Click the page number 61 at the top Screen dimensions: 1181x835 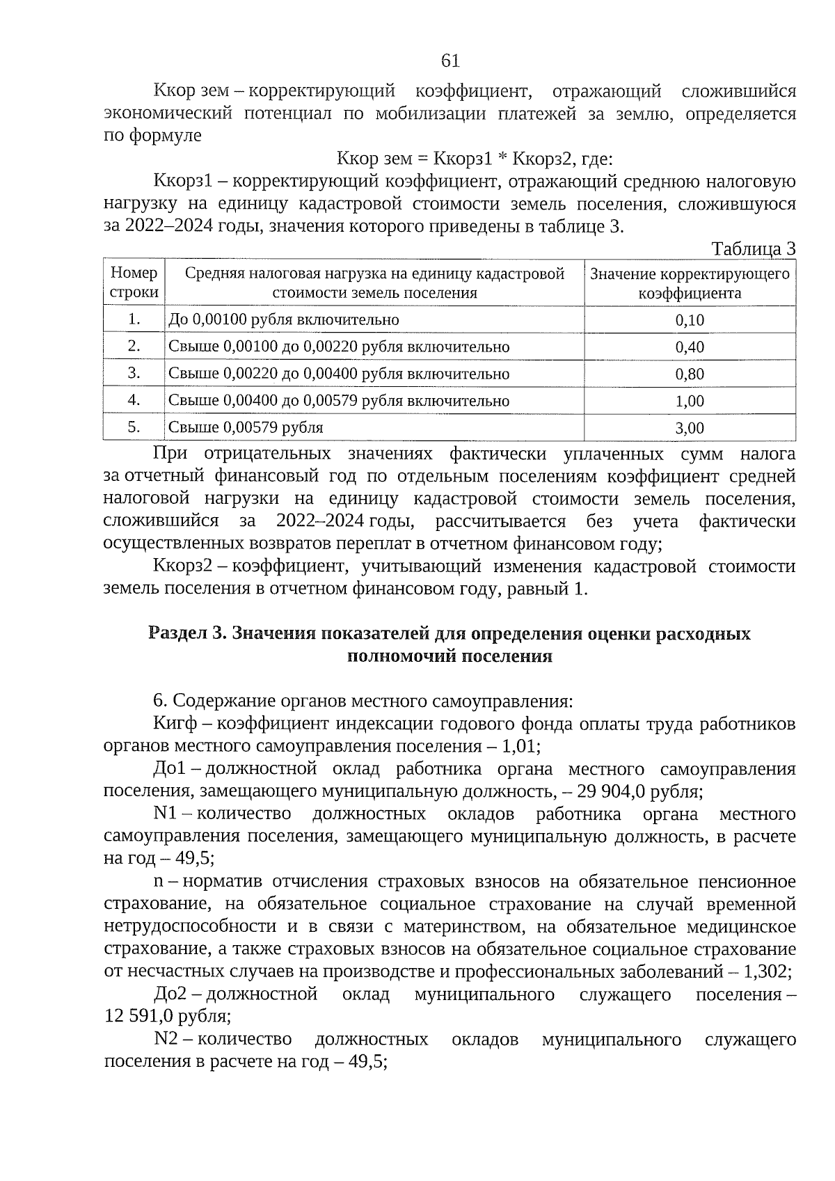point(450,61)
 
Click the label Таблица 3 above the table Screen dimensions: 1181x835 point(753,249)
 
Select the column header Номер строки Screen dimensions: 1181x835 point(134,283)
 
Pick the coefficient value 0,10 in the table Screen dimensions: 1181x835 point(690,320)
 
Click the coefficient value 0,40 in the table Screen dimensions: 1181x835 point(690,347)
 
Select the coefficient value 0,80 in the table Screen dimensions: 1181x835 point(690,374)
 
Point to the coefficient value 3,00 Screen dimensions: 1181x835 point(690,428)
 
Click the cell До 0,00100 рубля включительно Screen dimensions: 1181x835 point(284,320)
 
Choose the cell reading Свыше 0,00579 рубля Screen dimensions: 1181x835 point(246,427)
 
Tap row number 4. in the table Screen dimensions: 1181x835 point(134,400)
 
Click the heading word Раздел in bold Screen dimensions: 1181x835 point(178,634)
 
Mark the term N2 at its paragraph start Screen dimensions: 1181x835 point(167,1039)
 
